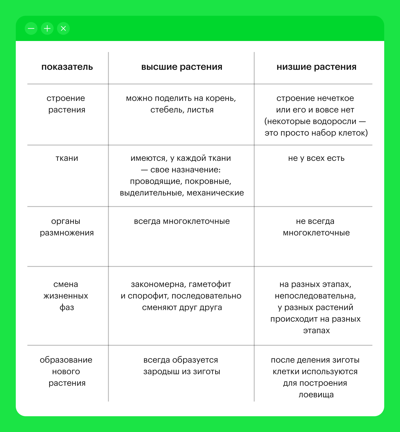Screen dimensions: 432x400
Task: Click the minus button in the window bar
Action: point(31,28)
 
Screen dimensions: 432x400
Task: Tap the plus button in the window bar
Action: point(47,28)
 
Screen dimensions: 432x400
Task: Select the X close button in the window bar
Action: point(63,28)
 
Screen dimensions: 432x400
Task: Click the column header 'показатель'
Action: point(67,67)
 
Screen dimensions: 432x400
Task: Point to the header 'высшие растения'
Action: point(182,67)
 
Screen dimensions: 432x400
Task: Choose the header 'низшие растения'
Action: point(316,67)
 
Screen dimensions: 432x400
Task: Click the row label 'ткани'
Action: point(67,158)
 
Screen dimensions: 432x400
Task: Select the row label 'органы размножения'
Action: point(67,227)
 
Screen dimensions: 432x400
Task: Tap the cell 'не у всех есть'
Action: point(316,158)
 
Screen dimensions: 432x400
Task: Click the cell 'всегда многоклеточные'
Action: point(182,221)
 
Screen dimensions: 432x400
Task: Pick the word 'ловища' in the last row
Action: point(316,395)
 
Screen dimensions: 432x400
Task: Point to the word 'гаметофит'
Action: point(210,284)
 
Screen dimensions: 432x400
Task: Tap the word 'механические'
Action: point(215,193)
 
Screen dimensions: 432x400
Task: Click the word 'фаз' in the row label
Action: point(67,307)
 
